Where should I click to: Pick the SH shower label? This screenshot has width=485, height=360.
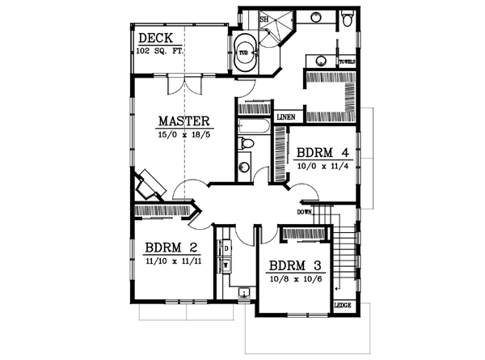coord(264,19)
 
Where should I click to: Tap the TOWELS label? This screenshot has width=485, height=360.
coord(348,61)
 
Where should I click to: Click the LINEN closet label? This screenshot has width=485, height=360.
coord(285,117)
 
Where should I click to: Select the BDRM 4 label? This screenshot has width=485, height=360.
coord(322,152)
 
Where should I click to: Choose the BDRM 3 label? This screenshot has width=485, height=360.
coord(294,265)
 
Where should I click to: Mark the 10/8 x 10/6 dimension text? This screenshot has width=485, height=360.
coord(294,278)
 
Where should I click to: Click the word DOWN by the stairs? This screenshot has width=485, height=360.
coord(305,212)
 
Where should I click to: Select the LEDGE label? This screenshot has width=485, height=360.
coord(343,306)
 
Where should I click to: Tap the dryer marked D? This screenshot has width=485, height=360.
coord(226,247)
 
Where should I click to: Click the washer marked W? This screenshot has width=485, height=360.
coord(226,264)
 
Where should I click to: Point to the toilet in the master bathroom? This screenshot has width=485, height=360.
coord(346,19)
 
